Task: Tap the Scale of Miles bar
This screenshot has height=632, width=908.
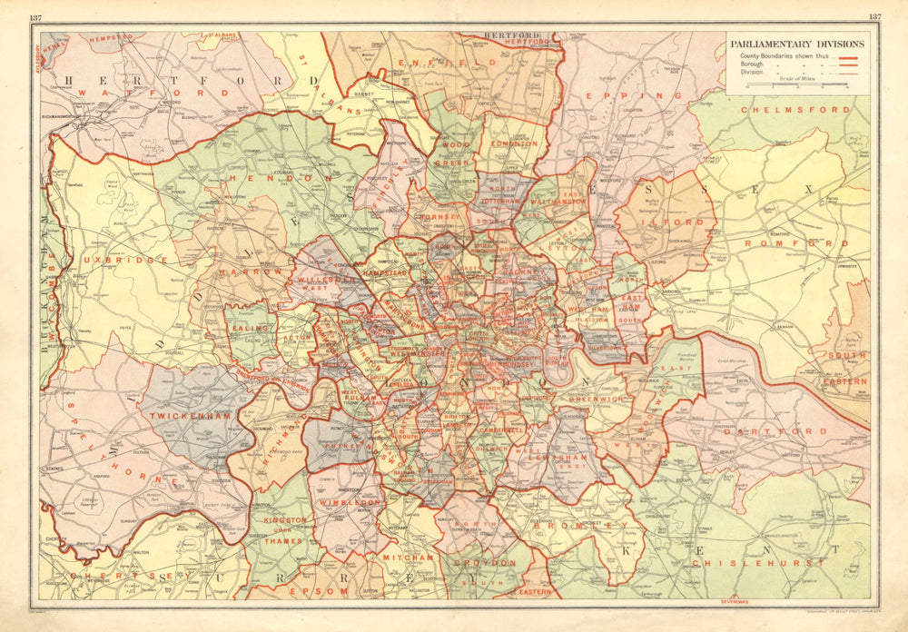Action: (x=796, y=85)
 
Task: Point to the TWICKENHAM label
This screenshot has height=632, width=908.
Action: (x=189, y=414)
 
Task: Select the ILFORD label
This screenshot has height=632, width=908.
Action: (x=673, y=221)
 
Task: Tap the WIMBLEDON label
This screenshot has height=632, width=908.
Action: (x=348, y=501)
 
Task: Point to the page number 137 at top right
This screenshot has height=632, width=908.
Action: (x=874, y=17)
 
